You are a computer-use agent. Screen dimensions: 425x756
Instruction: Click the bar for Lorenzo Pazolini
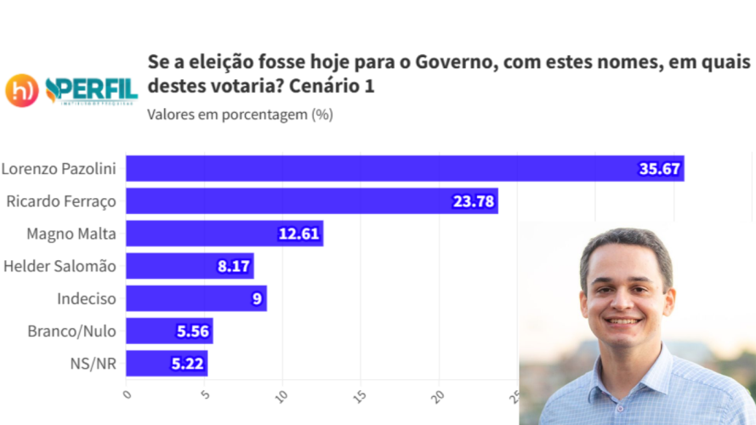(x=405, y=168)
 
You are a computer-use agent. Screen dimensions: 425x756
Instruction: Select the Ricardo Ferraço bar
(x=311, y=201)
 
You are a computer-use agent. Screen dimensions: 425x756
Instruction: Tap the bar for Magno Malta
(x=225, y=234)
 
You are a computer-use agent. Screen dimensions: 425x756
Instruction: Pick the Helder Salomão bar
(x=190, y=266)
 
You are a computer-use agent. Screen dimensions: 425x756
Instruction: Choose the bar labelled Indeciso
(x=196, y=298)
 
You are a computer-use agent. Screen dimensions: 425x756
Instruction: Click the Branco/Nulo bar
(x=169, y=331)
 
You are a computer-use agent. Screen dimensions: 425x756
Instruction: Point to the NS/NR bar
(x=167, y=364)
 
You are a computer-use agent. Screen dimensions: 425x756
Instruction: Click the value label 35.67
(x=659, y=168)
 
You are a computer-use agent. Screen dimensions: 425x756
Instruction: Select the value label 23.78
(x=473, y=201)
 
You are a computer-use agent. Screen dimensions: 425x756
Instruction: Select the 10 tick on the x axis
(x=282, y=396)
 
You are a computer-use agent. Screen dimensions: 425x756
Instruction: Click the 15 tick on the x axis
(x=361, y=396)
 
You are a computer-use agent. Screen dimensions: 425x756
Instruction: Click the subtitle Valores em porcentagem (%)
(x=240, y=115)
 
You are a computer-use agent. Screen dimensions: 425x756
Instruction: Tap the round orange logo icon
(x=22, y=90)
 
